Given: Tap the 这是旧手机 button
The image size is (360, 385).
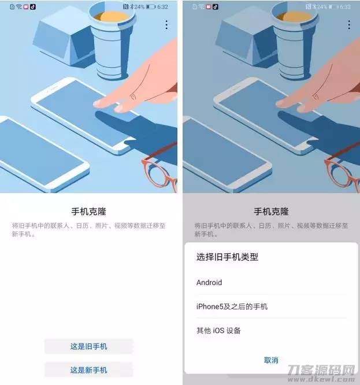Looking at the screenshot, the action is pos(88,346).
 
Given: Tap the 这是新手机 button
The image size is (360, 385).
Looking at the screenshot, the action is pos(88,370).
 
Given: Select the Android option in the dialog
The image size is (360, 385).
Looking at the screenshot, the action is pos(209,282).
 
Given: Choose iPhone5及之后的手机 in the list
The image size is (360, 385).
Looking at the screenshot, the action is pos(232,306).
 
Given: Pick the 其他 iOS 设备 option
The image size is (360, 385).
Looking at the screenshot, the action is pos(218,331).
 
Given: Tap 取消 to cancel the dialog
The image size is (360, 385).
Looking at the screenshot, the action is pos(271,360).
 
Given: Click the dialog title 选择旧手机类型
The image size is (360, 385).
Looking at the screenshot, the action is pos(227,257).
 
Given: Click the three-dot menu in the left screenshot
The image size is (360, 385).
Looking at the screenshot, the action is pos(166,25).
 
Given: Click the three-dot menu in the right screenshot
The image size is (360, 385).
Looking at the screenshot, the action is pos(349,25).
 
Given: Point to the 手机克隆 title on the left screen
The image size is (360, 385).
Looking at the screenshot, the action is pos(88,212).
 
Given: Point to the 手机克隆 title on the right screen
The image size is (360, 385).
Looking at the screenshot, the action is pos(271,212).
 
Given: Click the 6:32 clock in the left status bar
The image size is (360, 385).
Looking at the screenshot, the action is pos(163,7).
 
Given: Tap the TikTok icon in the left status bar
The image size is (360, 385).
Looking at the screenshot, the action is pos(33,7).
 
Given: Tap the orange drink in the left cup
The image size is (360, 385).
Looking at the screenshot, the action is pos(112,17).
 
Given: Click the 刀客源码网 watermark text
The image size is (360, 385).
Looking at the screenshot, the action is pos(321,370).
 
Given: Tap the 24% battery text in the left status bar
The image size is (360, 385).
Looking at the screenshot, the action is pos(139,7).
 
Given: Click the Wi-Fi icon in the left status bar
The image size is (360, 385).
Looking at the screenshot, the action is pos(19,7).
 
